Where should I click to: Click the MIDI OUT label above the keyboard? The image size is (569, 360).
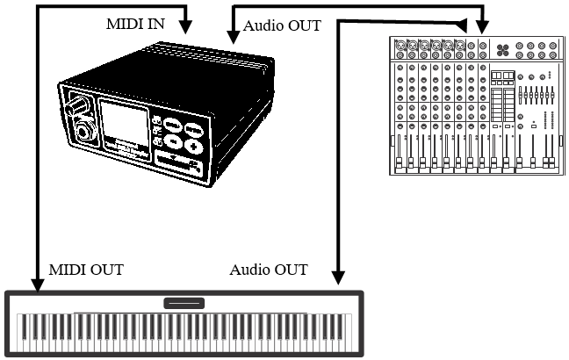[87, 269]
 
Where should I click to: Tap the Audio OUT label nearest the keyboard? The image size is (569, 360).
[269, 269]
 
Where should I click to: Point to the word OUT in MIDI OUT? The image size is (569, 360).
[105, 269]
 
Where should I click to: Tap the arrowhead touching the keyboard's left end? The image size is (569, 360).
[37, 283]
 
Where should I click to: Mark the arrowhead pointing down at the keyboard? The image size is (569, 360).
[338, 277]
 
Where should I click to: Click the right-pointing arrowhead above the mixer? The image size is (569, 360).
[463, 23]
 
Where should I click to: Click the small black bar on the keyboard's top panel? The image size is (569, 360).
[184, 303]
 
